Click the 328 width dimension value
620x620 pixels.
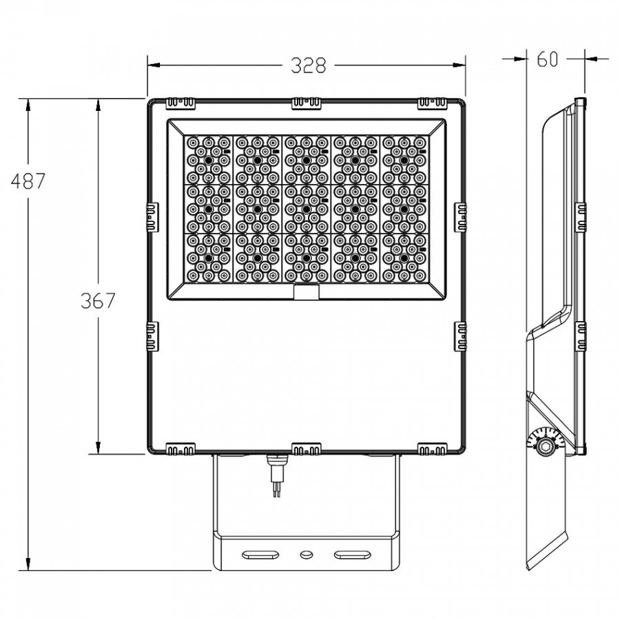click(309, 65)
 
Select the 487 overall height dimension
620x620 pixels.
click(28, 181)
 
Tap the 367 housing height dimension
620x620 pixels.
click(98, 300)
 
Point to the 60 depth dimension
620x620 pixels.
click(548, 59)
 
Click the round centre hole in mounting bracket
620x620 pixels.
click(307, 555)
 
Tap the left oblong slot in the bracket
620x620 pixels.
click(260, 555)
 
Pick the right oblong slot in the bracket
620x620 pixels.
click(353, 555)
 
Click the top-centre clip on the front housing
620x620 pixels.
click(307, 103)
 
